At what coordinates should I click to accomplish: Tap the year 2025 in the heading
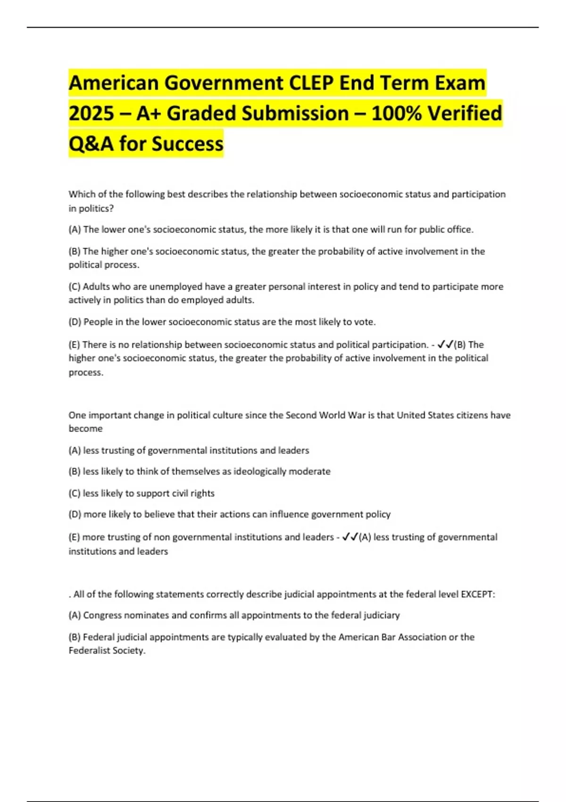[x=92, y=114]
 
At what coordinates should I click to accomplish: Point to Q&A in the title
[x=91, y=144]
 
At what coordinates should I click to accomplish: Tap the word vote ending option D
[x=365, y=322]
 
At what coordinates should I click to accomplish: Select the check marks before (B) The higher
[x=445, y=345]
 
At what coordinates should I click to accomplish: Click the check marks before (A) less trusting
[x=350, y=537]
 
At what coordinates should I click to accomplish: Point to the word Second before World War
[x=301, y=415]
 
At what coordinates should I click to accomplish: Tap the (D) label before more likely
[x=75, y=514]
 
